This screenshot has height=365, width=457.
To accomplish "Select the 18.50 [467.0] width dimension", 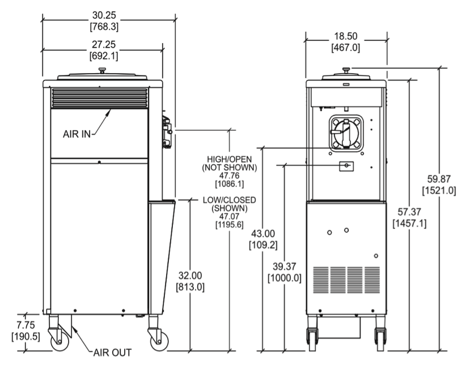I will click(345, 42).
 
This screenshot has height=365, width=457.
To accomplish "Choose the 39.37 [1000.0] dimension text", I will click(284, 273).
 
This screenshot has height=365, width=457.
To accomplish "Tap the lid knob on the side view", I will click(102, 70).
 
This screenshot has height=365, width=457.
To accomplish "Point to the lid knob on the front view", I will click(346, 70).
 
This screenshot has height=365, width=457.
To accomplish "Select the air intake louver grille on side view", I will click(99, 97).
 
